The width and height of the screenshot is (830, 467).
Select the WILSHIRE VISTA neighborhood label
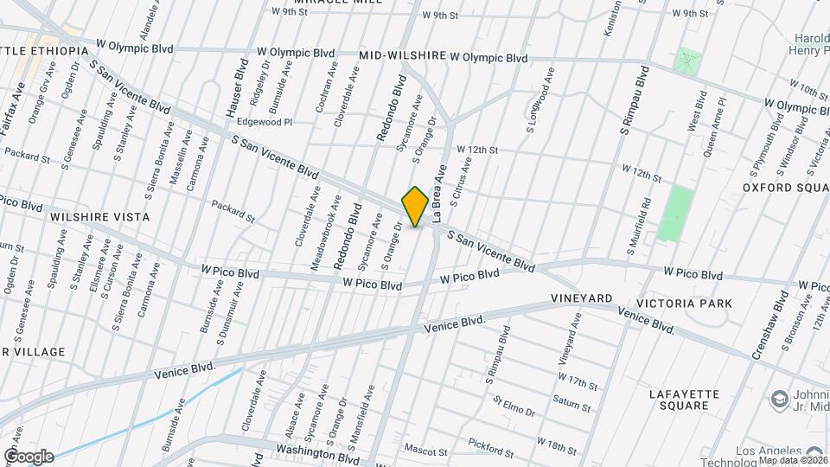click(99, 217)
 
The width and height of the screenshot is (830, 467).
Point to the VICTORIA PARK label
click(684, 304)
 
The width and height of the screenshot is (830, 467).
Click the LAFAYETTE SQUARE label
click(684, 400)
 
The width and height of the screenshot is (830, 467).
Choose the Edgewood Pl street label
click(259, 123)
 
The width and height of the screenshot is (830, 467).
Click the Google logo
click(29, 457)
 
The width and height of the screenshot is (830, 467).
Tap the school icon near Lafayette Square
click(779, 400)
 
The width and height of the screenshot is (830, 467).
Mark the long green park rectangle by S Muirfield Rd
click(675, 214)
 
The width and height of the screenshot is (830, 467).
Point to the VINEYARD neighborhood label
click(581, 298)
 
